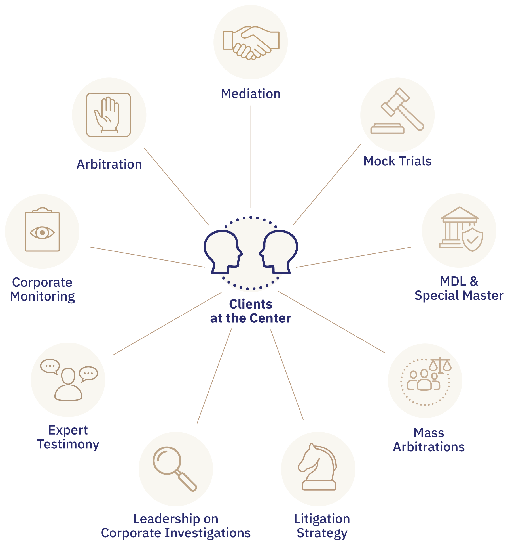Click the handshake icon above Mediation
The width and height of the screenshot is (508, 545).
(251, 43)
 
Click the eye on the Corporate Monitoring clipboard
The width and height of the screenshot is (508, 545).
(42, 233)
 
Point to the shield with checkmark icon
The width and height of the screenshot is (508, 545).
(472, 239)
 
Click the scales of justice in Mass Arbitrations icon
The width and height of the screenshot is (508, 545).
(440, 366)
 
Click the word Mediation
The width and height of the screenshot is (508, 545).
(251, 94)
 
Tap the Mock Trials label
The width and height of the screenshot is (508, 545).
(397, 161)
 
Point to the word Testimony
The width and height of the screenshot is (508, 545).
(68, 445)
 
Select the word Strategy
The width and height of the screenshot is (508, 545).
(322, 533)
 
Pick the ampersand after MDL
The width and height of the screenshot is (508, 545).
(474, 282)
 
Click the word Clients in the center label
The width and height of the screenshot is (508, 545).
(251, 304)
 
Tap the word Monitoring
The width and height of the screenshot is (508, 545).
(43, 297)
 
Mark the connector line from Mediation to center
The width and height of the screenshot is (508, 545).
(251, 156)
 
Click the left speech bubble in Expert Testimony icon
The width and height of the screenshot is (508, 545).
(50, 366)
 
